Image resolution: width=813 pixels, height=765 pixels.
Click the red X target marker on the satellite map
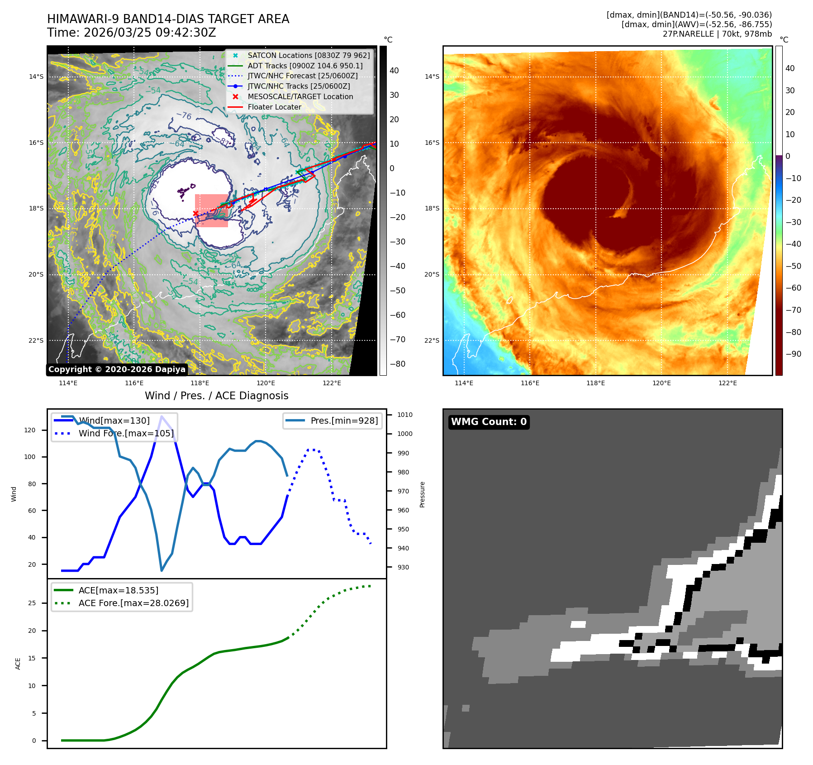pyautogui.click(x=195, y=213)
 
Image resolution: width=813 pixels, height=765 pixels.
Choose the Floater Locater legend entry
pyautogui.click(x=274, y=107)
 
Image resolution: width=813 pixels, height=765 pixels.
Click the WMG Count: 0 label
pyautogui.click(x=489, y=421)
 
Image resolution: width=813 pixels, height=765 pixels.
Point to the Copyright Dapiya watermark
pyautogui.click(x=117, y=369)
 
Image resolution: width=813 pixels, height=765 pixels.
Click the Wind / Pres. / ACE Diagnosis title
pyautogui.click(x=216, y=396)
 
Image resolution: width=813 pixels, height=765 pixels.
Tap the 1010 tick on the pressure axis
pyautogui.click(x=404, y=415)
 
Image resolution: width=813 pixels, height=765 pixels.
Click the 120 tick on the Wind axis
pyautogui.click(x=30, y=430)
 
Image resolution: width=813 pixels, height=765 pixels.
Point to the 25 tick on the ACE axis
pyautogui.click(x=32, y=603)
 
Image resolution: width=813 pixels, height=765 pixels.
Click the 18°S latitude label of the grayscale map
pyautogui.click(x=36, y=209)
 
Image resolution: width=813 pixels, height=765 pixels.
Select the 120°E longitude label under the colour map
pyautogui.click(x=661, y=383)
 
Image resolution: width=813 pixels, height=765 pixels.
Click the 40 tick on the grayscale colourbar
pyautogui.click(x=394, y=71)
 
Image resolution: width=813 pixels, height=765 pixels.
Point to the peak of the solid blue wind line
pyautogui.click(x=162, y=416)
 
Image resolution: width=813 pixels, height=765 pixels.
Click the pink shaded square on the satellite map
pyautogui.click(x=211, y=210)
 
